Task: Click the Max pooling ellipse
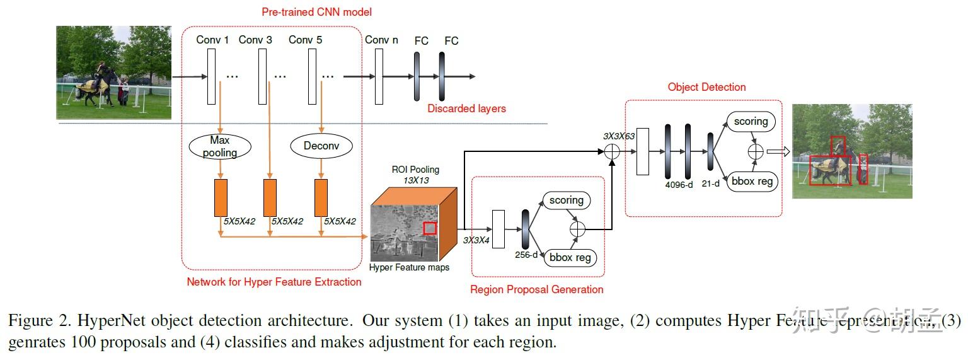(220, 146)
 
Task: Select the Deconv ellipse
(321, 146)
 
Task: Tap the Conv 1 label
(212, 40)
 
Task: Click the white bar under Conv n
(379, 77)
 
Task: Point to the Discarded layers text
(466, 108)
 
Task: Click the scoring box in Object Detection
(751, 121)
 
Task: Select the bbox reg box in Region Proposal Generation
(570, 257)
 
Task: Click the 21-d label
(710, 183)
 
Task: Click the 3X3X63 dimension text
(618, 136)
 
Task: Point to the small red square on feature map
(430, 228)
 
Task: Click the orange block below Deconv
(321, 197)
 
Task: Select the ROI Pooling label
(415, 170)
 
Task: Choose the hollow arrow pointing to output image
(778, 151)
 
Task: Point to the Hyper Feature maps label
(409, 267)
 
